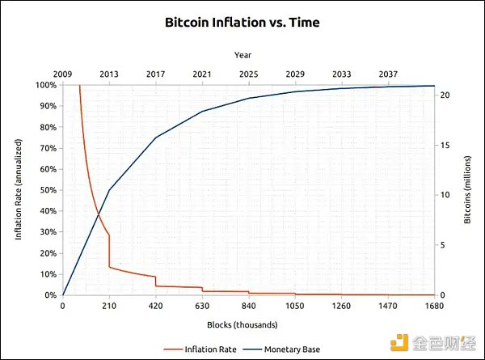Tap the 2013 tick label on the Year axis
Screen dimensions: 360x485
tap(109, 74)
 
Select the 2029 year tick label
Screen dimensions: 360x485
tap(295, 74)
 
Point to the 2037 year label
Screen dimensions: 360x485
tap(388, 74)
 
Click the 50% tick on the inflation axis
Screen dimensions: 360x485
tap(46, 190)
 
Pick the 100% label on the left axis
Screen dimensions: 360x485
tap(44, 85)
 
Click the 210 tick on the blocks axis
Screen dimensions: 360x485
tap(109, 306)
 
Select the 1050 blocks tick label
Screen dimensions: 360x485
tap(295, 306)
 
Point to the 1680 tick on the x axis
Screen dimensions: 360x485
tap(434, 306)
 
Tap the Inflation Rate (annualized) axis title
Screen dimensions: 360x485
tap(19, 190)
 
